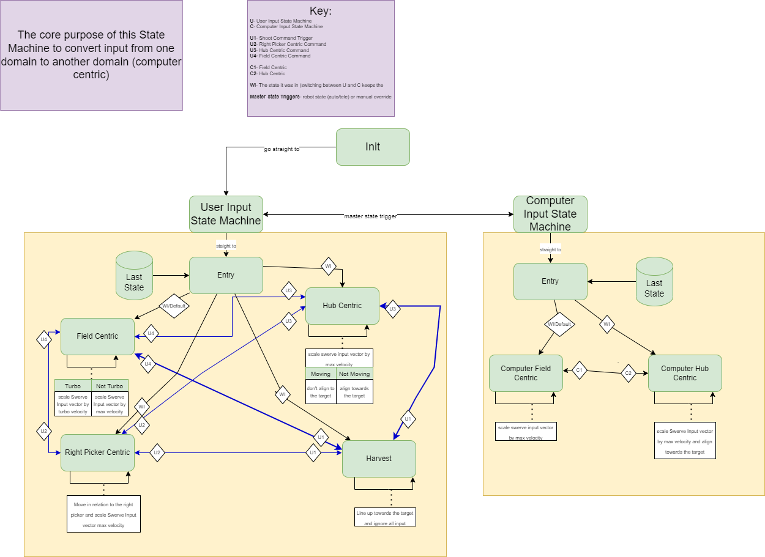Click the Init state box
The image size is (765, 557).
coord(373,147)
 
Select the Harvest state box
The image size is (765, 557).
coord(379,459)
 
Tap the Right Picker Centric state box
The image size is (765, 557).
coord(97,452)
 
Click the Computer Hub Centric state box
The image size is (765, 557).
coord(685,373)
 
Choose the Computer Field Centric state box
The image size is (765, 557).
coord(526,373)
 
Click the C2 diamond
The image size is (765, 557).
coord(629,373)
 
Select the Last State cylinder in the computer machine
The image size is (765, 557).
coord(654,282)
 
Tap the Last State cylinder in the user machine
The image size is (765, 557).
coord(134,276)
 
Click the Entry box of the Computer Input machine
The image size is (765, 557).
coord(550,281)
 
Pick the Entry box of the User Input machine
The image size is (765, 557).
coord(226,275)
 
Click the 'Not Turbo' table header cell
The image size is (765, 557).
coord(110,386)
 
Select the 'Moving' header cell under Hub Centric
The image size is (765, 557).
coord(321,374)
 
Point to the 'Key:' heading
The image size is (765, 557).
coord(321,11)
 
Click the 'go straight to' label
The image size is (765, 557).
coord(282,149)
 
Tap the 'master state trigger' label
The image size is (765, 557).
coord(371,216)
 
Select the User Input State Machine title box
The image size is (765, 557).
coord(226,214)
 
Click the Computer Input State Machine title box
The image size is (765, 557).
coord(550,214)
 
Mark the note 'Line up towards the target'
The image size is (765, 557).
coord(385,517)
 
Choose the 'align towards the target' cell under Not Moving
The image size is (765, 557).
coord(354,392)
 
